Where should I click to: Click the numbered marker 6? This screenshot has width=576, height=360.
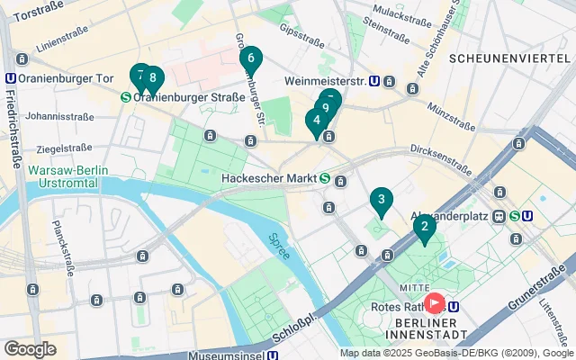pos(251,60)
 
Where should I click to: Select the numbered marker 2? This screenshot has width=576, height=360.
pos(424,227)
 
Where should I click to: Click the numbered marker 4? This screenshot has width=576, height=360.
pos(316,121)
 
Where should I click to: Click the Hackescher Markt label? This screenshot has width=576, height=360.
pos(268,177)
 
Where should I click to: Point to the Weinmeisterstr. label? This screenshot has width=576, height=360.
pos(324,81)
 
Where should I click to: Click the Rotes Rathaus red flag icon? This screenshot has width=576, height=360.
pos(436,304)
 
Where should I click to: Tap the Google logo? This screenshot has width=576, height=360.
pos(30,348)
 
